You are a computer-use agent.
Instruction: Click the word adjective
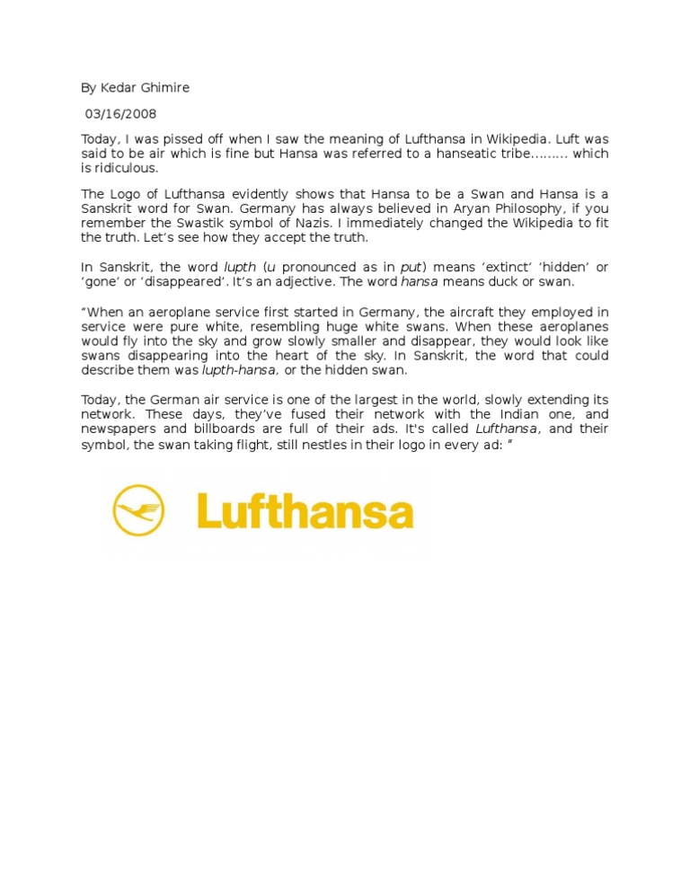click(x=332, y=282)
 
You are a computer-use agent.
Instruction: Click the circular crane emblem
click(x=138, y=509)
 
